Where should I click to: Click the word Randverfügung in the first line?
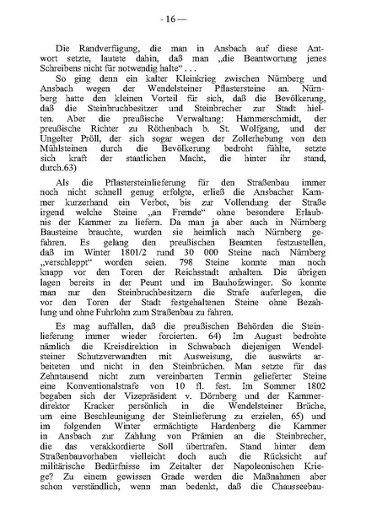[x=98, y=45]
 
